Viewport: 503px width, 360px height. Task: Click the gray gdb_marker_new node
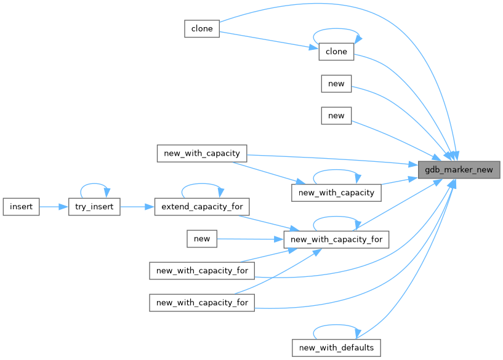tap(459, 169)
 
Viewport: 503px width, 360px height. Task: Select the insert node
tap(21, 207)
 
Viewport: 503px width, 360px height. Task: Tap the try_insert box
tap(94, 207)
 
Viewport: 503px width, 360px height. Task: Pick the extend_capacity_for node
tap(201, 207)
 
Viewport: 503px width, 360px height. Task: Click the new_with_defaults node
tap(336, 347)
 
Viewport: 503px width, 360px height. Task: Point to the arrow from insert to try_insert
tap(53, 207)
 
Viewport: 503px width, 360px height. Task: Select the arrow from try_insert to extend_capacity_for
tap(136, 207)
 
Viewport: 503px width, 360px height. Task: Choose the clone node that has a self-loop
tap(336, 52)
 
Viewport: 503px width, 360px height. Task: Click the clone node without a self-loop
tap(202, 28)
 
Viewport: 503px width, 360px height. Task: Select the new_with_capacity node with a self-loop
tap(336, 192)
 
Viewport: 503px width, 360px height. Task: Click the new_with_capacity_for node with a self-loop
tap(336, 239)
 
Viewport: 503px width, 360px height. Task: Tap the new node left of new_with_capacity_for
tap(202, 239)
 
